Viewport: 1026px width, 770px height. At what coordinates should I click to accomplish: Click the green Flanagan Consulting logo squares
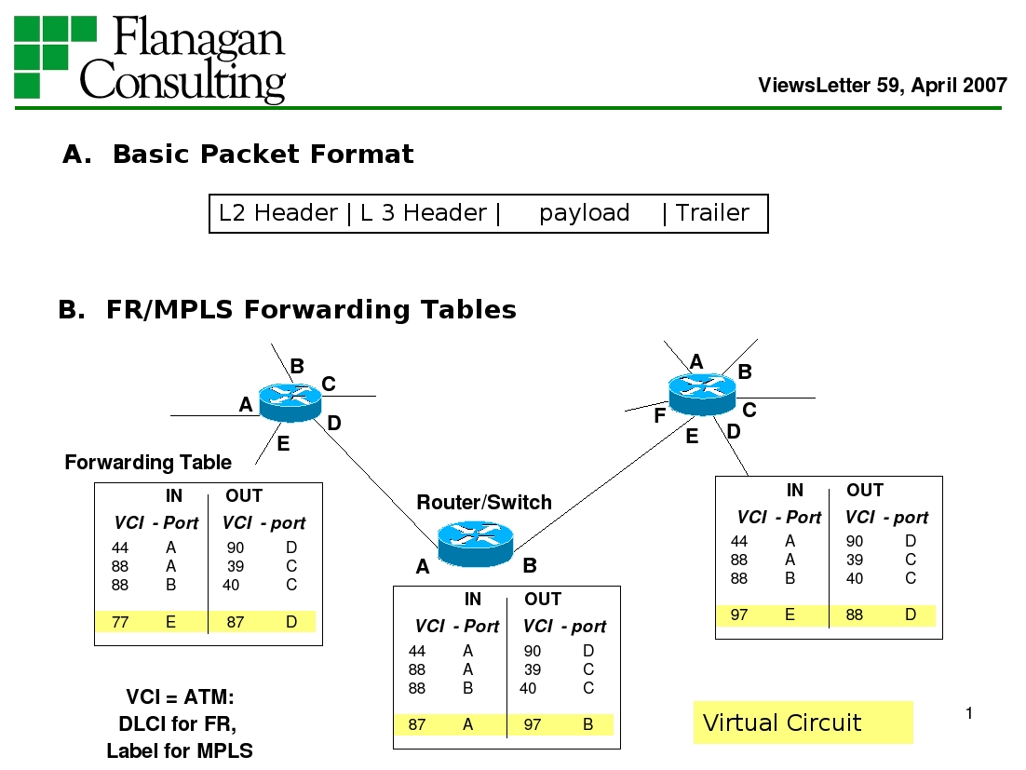coord(55,57)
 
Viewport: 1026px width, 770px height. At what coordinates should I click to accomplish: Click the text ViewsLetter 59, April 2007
coord(882,86)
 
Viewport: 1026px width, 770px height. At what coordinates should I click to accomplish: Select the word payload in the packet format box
coord(584,213)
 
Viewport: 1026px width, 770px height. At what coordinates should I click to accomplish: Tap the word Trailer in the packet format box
coord(712,213)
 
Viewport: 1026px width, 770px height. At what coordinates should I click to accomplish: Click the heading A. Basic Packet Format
coord(238,155)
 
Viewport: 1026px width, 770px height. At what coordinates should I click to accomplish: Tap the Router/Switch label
coord(483,503)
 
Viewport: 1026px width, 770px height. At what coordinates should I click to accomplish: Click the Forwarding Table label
coord(148,463)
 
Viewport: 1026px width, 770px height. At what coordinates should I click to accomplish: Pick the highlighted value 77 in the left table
coord(120,622)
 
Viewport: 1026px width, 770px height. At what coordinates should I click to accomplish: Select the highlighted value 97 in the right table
coord(738,615)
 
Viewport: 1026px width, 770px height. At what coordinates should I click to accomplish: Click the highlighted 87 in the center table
coord(417,724)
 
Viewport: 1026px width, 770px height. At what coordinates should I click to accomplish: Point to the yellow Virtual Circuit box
coord(803,723)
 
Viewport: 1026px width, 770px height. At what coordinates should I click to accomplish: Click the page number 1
coord(968,714)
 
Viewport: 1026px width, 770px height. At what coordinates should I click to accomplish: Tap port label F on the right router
coord(659,416)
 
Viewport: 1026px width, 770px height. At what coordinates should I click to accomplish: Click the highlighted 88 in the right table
coord(854,615)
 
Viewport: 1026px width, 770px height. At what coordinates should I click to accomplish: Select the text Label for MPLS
coord(179,750)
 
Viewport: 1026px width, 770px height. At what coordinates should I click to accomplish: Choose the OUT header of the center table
coord(543,600)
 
